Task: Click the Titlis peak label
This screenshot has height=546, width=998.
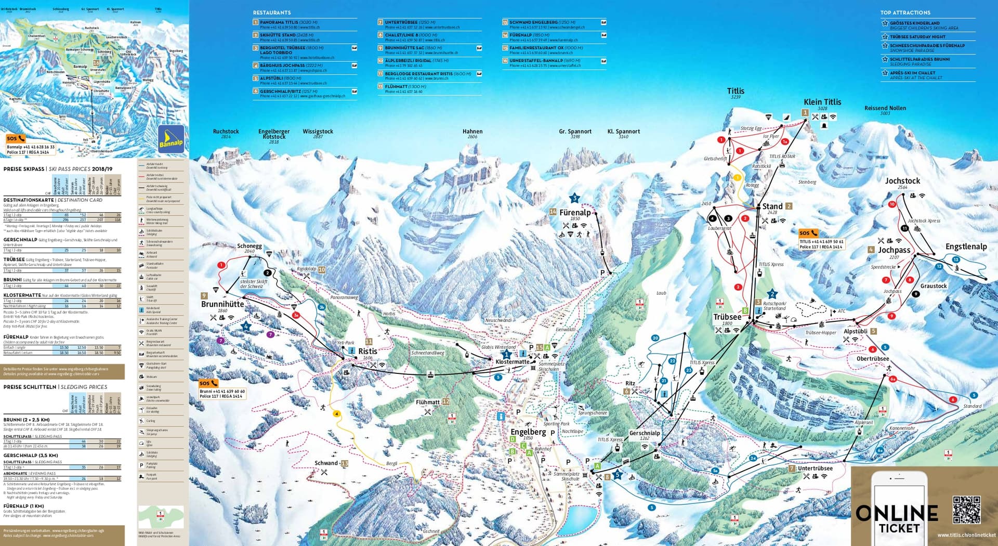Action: point(735,91)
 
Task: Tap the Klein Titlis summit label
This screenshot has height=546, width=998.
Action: point(822,102)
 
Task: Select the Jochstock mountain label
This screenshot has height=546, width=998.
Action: point(902,181)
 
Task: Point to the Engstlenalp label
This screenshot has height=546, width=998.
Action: point(966,246)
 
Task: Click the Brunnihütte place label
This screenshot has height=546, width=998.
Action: point(222,304)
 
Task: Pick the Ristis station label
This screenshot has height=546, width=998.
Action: point(367,352)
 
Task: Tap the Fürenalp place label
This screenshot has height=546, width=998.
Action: point(575,213)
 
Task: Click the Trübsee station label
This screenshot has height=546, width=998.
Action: point(727,317)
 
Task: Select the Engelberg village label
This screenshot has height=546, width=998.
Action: point(528,432)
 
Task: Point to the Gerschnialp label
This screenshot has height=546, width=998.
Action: point(645,433)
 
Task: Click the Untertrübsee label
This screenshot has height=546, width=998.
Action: point(815,469)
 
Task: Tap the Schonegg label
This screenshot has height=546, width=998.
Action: point(249,246)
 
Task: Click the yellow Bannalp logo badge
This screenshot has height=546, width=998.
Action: point(171,139)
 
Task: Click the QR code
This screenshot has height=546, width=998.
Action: point(966,510)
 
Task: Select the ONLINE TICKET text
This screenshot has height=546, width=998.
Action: point(897,519)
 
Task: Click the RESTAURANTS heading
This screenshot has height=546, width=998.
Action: point(272,12)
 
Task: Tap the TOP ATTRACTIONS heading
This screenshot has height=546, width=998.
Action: point(905,12)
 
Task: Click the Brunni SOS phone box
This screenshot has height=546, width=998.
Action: point(222,389)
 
